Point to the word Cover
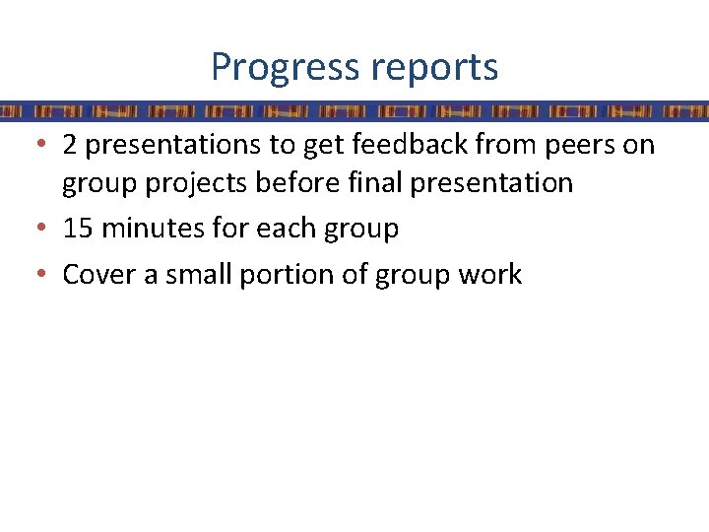click(98, 274)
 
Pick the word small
click(195, 274)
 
